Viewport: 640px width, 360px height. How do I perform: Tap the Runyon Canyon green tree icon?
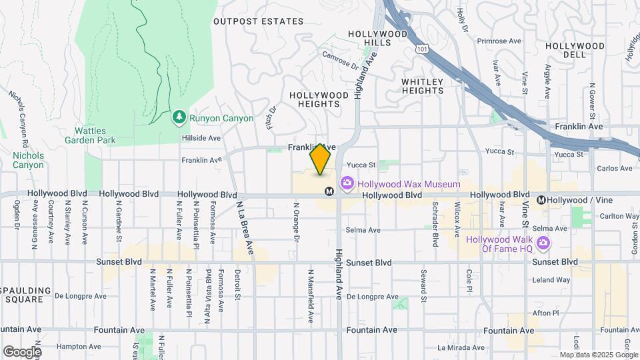(x=179, y=118)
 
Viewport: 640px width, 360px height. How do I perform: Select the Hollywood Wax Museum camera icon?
(x=347, y=183)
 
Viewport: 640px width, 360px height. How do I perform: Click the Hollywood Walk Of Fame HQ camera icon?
(x=544, y=244)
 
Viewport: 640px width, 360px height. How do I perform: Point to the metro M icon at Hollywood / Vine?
(x=542, y=199)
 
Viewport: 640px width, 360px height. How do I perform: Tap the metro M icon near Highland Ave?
(x=329, y=192)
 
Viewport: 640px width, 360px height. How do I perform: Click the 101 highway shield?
(x=419, y=49)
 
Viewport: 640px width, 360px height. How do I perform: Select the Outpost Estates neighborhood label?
(x=258, y=21)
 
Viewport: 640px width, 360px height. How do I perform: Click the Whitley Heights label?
(x=422, y=86)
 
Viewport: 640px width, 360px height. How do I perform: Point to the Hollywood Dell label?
(x=574, y=51)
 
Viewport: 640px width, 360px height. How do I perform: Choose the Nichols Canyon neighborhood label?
(x=28, y=160)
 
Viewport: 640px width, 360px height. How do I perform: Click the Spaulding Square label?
(x=26, y=295)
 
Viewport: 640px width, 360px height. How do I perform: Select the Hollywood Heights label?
(x=319, y=99)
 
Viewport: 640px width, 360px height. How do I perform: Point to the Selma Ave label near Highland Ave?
(x=363, y=230)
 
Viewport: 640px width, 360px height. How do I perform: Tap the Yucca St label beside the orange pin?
(x=361, y=164)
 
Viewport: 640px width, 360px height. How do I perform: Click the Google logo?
(x=22, y=351)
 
